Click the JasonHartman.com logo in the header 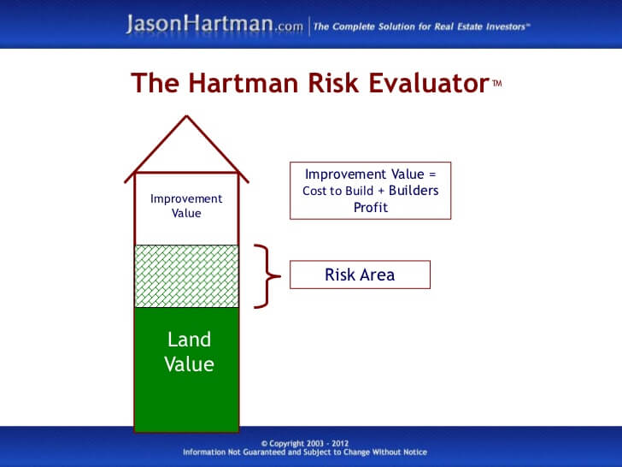tap(214, 24)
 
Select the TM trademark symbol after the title tap(497, 83)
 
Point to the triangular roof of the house tap(186, 150)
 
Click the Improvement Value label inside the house tap(186, 205)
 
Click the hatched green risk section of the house tap(186, 276)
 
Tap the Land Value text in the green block tap(189, 352)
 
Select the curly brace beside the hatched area tap(267, 275)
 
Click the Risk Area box tap(360, 275)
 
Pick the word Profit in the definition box tap(370, 207)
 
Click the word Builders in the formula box tap(414, 191)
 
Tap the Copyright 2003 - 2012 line tap(304, 443)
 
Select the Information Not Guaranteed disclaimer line tap(304, 452)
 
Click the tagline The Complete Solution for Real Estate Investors tap(421, 27)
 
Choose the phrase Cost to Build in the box tap(338, 191)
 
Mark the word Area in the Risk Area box tap(378, 275)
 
